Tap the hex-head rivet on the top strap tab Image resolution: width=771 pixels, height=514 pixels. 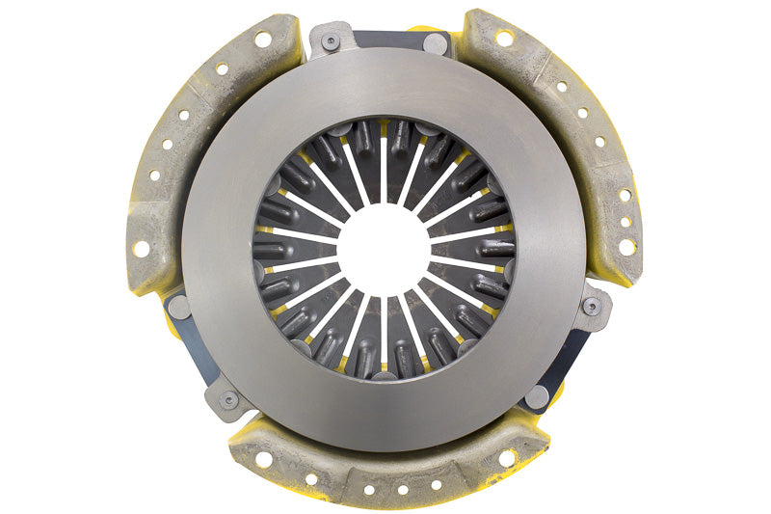[x=331, y=41]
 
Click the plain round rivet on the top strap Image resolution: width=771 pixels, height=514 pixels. [x=437, y=43]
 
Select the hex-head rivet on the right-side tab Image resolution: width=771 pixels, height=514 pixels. [x=592, y=307]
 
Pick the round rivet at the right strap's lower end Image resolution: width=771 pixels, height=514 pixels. [x=538, y=394]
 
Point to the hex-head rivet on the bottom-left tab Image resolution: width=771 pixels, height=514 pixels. [x=228, y=398]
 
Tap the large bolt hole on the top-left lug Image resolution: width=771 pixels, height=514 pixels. [x=262, y=40]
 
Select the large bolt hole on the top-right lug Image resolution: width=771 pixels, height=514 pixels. [x=503, y=38]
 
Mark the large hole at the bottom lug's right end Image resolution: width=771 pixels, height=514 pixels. [x=507, y=458]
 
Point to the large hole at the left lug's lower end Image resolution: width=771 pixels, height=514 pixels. [x=142, y=249]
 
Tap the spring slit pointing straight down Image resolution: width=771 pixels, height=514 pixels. [x=384, y=333]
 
